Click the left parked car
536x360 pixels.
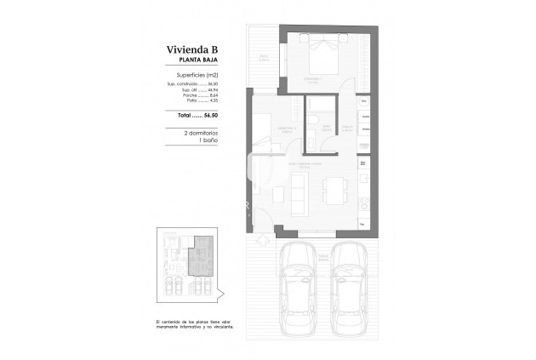298,281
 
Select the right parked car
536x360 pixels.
349,281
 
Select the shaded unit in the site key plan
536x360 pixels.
200,255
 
